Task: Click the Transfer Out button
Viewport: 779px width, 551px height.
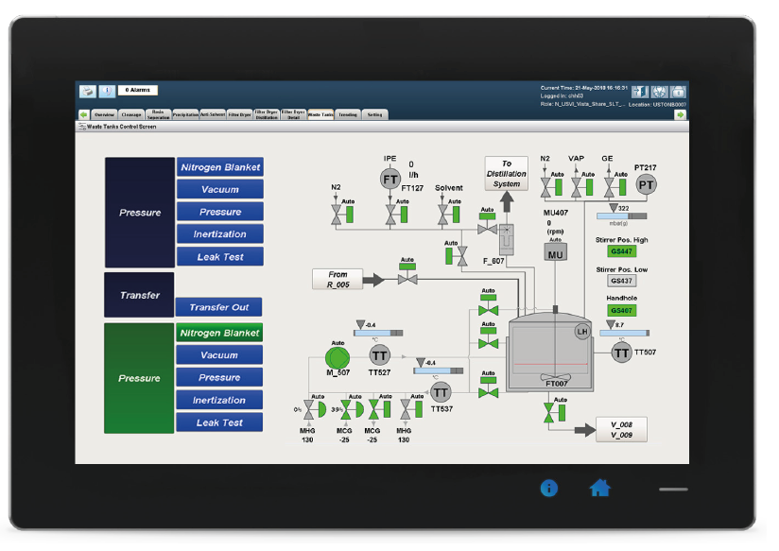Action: point(218,307)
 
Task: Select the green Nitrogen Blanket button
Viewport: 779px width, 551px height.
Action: point(218,333)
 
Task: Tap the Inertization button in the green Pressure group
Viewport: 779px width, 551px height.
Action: point(218,400)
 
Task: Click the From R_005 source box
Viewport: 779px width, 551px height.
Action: point(338,279)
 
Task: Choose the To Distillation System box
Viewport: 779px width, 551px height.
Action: point(506,174)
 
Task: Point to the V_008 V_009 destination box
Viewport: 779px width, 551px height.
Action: point(621,430)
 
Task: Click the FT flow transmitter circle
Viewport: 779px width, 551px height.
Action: point(390,179)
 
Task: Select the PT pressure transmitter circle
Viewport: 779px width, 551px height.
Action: point(646,184)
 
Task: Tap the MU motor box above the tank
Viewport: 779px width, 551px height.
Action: point(555,253)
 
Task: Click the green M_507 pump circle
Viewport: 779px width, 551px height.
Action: point(337,356)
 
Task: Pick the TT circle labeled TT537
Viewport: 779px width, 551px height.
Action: point(441,391)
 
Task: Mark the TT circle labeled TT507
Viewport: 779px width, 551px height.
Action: point(621,353)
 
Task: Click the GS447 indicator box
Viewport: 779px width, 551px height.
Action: point(621,251)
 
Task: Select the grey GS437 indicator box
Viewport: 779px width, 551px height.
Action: point(621,281)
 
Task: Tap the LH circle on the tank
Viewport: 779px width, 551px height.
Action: point(582,330)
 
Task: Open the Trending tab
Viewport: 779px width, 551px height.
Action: point(348,114)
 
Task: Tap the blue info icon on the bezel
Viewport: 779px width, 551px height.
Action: point(548,488)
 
